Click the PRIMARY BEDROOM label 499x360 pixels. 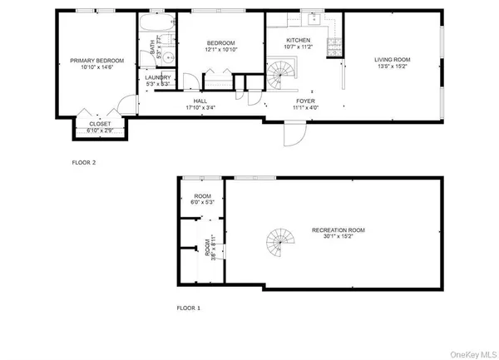(x=91, y=61)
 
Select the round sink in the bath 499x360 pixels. (x=166, y=57)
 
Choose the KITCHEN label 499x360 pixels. (x=298, y=40)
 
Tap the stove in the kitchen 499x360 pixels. (x=333, y=47)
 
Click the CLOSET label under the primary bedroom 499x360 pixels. (x=99, y=124)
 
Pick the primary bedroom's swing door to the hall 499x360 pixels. (x=126, y=104)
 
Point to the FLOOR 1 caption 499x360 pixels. (x=188, y=308)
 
